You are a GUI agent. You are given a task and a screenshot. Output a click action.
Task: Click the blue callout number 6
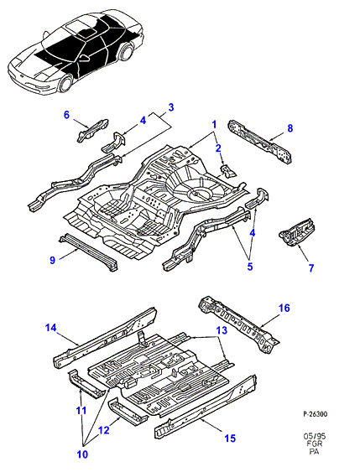coord(66,115)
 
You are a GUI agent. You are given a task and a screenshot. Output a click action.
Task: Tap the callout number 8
coord(290,128)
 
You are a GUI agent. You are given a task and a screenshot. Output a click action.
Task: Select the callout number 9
coord(52,260)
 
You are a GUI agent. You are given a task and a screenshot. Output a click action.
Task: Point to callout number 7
coord(311,267)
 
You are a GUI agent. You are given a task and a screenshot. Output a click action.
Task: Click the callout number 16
coord(284,308)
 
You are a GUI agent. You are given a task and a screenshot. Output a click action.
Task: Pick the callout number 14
coord(50,327)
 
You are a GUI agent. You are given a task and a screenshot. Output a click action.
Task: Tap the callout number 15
coord(230,438)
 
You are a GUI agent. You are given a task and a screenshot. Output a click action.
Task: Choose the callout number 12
coord(104,430)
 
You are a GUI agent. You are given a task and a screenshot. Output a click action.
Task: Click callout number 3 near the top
coord(171,107)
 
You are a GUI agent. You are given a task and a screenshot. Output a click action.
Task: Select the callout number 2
coord(218,148)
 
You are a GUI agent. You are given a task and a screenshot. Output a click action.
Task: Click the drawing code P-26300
coord(315,414)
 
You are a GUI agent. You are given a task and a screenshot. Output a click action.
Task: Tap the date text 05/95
coord(315,437)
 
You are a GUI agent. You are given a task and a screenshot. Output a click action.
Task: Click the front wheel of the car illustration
coord(65,84)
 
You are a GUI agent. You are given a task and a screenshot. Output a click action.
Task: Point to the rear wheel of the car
coord(126,52)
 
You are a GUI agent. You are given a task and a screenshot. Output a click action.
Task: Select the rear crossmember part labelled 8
coord(260,142)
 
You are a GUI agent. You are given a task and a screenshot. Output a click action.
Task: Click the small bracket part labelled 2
coord(228,171)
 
